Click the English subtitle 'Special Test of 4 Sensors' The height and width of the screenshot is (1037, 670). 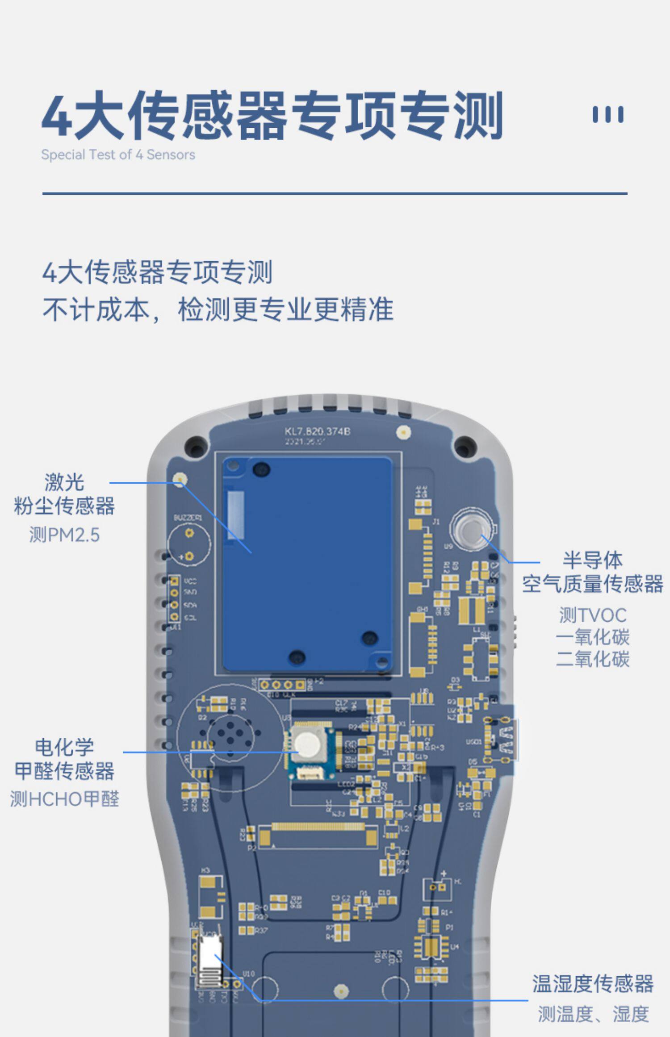[x=118, y=155]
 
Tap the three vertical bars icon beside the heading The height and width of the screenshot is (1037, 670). [x=607, y=114]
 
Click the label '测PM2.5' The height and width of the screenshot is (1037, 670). [x=64, y=535]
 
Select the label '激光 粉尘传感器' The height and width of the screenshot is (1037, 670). [x=64, y=494]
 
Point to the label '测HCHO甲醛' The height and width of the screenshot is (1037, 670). [x=64, y=799]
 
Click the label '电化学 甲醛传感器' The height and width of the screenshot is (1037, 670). [x=64, y=759]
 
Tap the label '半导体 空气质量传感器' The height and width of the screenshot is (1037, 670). [x=593, y=572]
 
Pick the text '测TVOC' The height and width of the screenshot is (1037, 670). [x=593, y=615]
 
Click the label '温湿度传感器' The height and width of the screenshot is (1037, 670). [x=593, y=984]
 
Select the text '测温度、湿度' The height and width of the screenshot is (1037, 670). [x=593, y=1014]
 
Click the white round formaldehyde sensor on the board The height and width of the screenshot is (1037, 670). [x=307, y=743]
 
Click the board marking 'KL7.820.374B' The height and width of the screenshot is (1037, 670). [x=317, y=431]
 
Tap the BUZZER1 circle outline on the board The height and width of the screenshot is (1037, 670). [x=188, y=544]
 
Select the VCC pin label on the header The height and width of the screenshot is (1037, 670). [x=190, y=581]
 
